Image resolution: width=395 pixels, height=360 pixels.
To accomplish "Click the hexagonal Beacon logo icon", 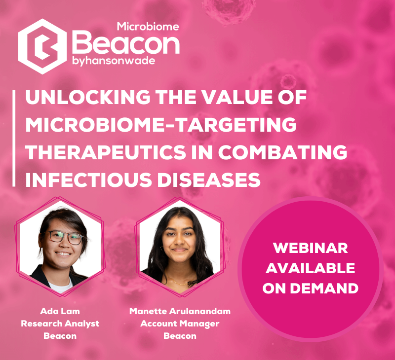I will click(42, 46).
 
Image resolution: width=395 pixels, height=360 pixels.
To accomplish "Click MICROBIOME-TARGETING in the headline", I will click(160, 126).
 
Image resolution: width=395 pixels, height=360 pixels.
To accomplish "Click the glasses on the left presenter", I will click(65, 237).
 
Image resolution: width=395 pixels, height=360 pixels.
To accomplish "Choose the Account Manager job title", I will click(180, 324).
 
